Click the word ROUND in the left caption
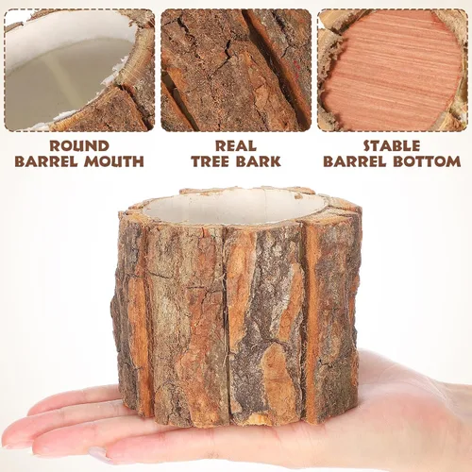click(79, 146)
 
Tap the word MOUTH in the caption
click(114, 161)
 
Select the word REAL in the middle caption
click(236, 146)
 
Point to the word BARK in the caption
click(259, 161)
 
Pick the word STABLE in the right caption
click(392, 146)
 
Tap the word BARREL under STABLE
click(355, 161)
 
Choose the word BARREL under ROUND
click(46, 161)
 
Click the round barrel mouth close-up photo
click(79, 70)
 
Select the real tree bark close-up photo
click(236, 70)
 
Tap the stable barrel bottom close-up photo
click(393, 70)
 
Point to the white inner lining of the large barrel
click(234, 206)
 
